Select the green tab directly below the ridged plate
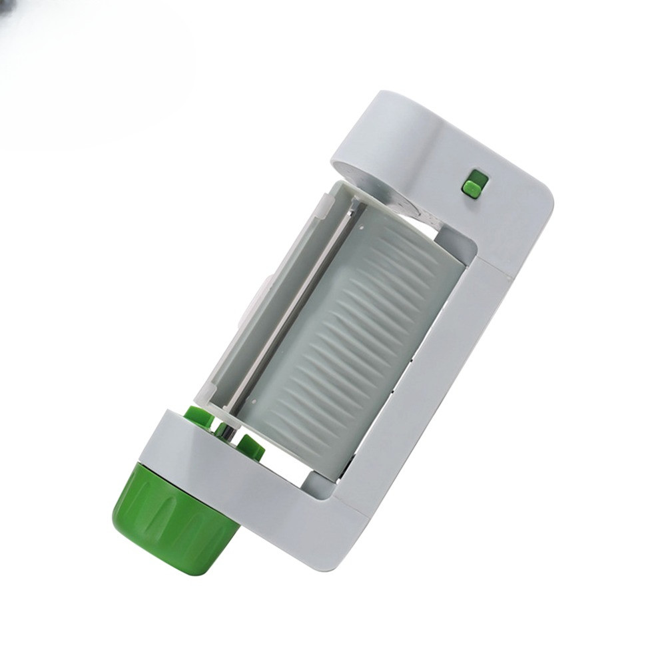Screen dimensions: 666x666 250,448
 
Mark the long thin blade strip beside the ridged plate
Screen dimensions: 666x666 293,306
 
